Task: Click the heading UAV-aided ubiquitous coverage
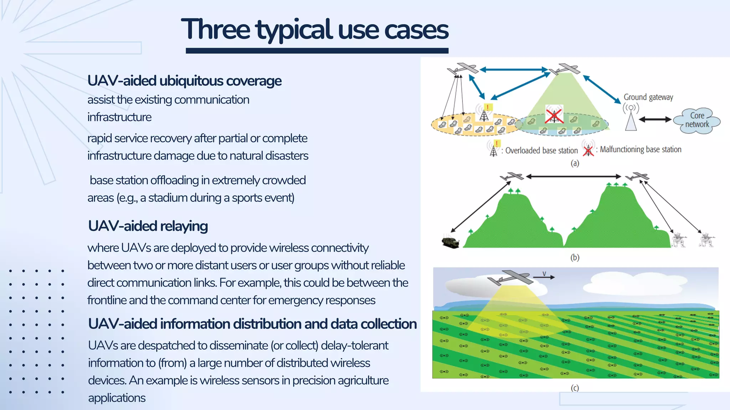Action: tap(184, 81)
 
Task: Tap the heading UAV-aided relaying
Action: tap(148, 226)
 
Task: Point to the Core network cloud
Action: tap(697, 120)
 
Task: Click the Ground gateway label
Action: tap(648, 97)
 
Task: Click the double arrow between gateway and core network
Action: tap(655, 120)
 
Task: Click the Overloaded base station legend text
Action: tap(541, 151)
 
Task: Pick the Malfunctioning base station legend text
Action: tap(640, 149)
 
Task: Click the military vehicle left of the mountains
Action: tap(450, 242)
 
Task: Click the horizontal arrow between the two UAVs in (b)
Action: tap(574, 176)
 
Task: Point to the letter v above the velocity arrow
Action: tap(544, 273)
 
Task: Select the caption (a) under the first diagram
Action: tap(575, 163)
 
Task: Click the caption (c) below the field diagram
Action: tap(575, 388)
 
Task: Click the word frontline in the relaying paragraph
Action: tap(107, 300)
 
